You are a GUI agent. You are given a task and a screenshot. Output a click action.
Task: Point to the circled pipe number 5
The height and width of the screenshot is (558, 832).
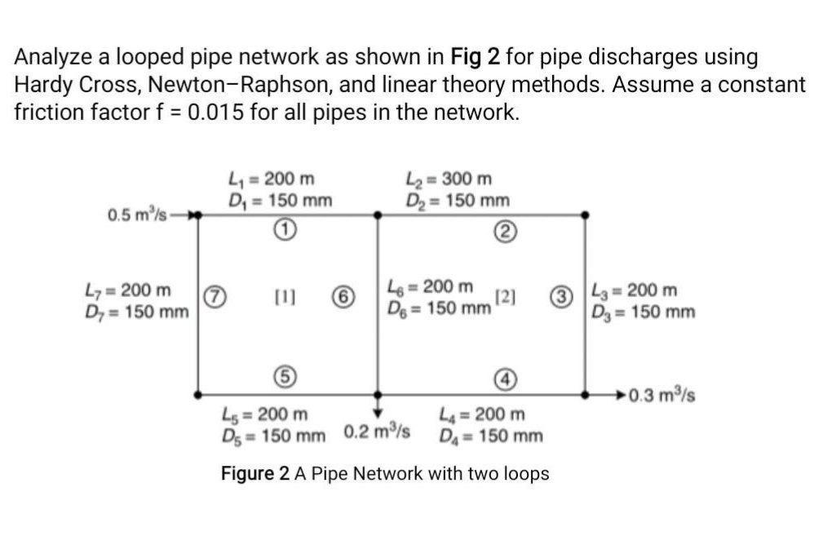[281, 377]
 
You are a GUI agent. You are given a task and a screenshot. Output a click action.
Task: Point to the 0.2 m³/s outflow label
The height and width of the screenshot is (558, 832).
[376, 430]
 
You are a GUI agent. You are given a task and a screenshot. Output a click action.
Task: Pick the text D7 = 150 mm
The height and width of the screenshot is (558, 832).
[137, 312]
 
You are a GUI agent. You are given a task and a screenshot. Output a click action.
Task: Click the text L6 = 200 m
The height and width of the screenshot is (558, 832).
[431, 286]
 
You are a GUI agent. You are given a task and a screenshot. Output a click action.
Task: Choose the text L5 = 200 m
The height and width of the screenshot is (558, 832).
[266, 415]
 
